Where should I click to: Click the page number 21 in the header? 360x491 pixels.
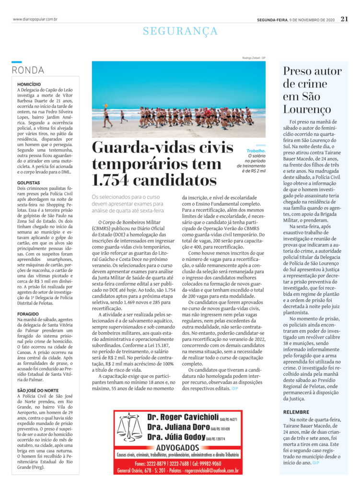pyautogui.click(x=344, y=19)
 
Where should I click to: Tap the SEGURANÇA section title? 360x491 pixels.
pyautogui.click(x=180, y=32)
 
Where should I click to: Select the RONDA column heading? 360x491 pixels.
pyautogui.click(x=28, y=70)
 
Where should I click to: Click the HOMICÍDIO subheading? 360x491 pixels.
pyautogui.click(x=29, y=84)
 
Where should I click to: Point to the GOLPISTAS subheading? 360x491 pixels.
pyautogui.click(x=28, y=183)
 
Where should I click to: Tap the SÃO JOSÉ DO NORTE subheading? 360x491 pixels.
pyautogui.click(x=38, y=391)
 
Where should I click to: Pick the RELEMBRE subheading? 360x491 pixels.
pyautogui.click(x=296, y=412)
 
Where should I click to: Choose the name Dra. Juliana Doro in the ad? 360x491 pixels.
pyautogui.click(x=178, y=427)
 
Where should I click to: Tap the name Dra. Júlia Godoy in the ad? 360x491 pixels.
pyautogui.click(x=176, y=437)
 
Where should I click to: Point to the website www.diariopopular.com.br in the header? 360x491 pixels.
pyautogui.click(x=35, y=20)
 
